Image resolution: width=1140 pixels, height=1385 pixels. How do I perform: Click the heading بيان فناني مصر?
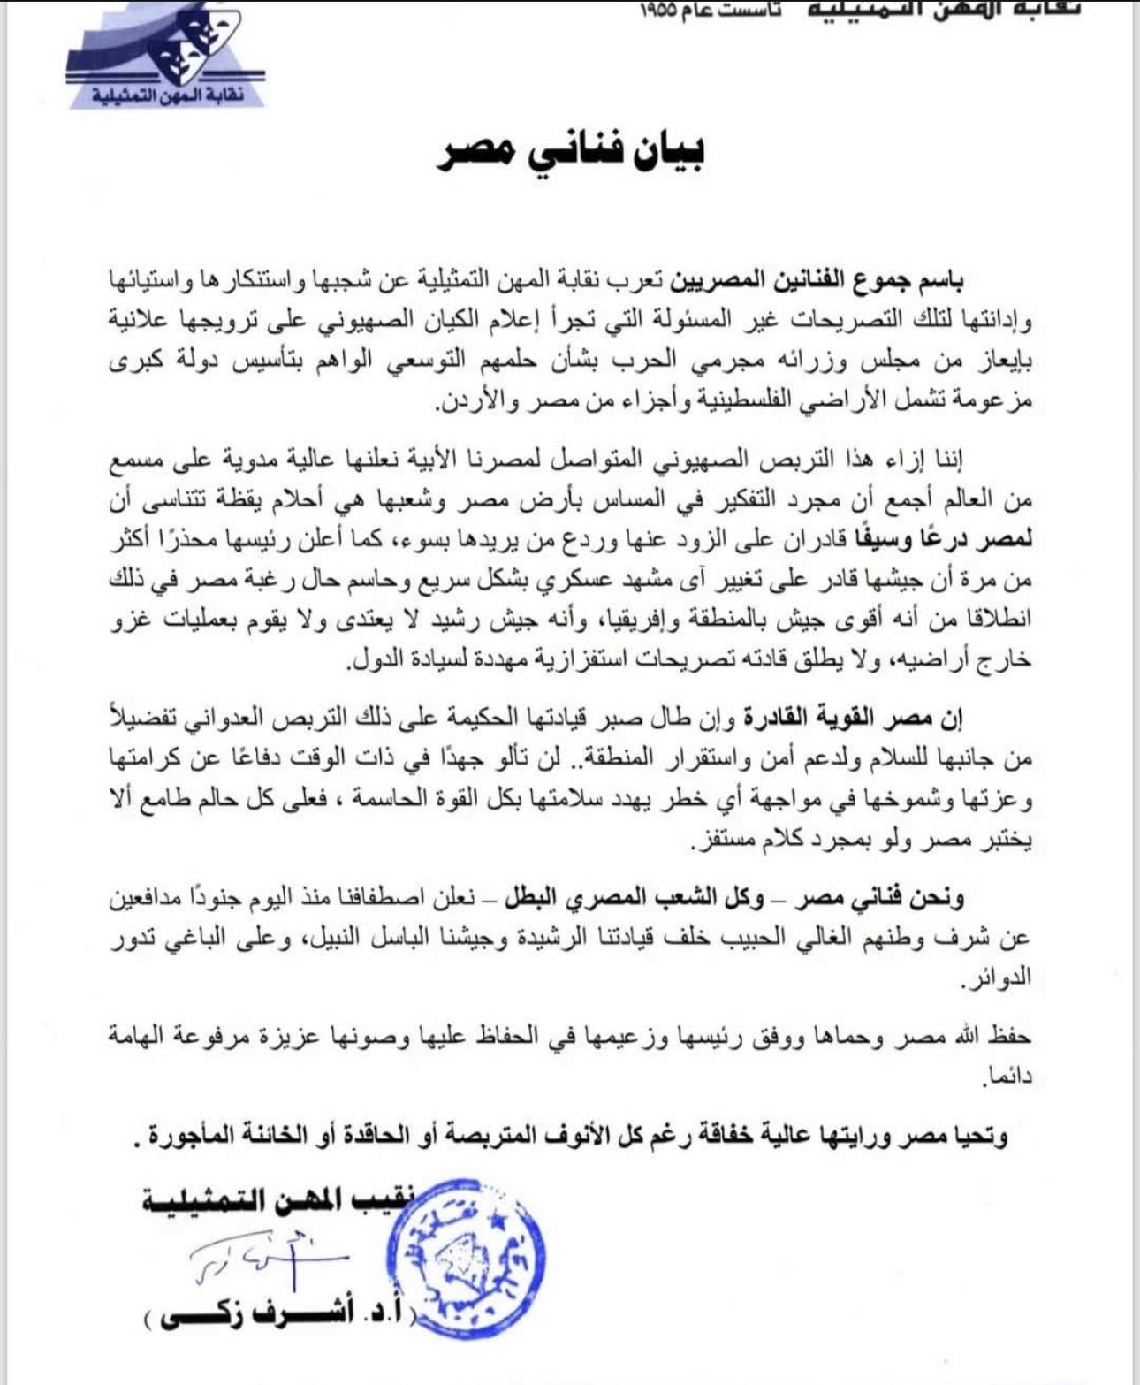click(572, 152)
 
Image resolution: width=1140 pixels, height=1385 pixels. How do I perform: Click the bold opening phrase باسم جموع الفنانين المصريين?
click(815, 282)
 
